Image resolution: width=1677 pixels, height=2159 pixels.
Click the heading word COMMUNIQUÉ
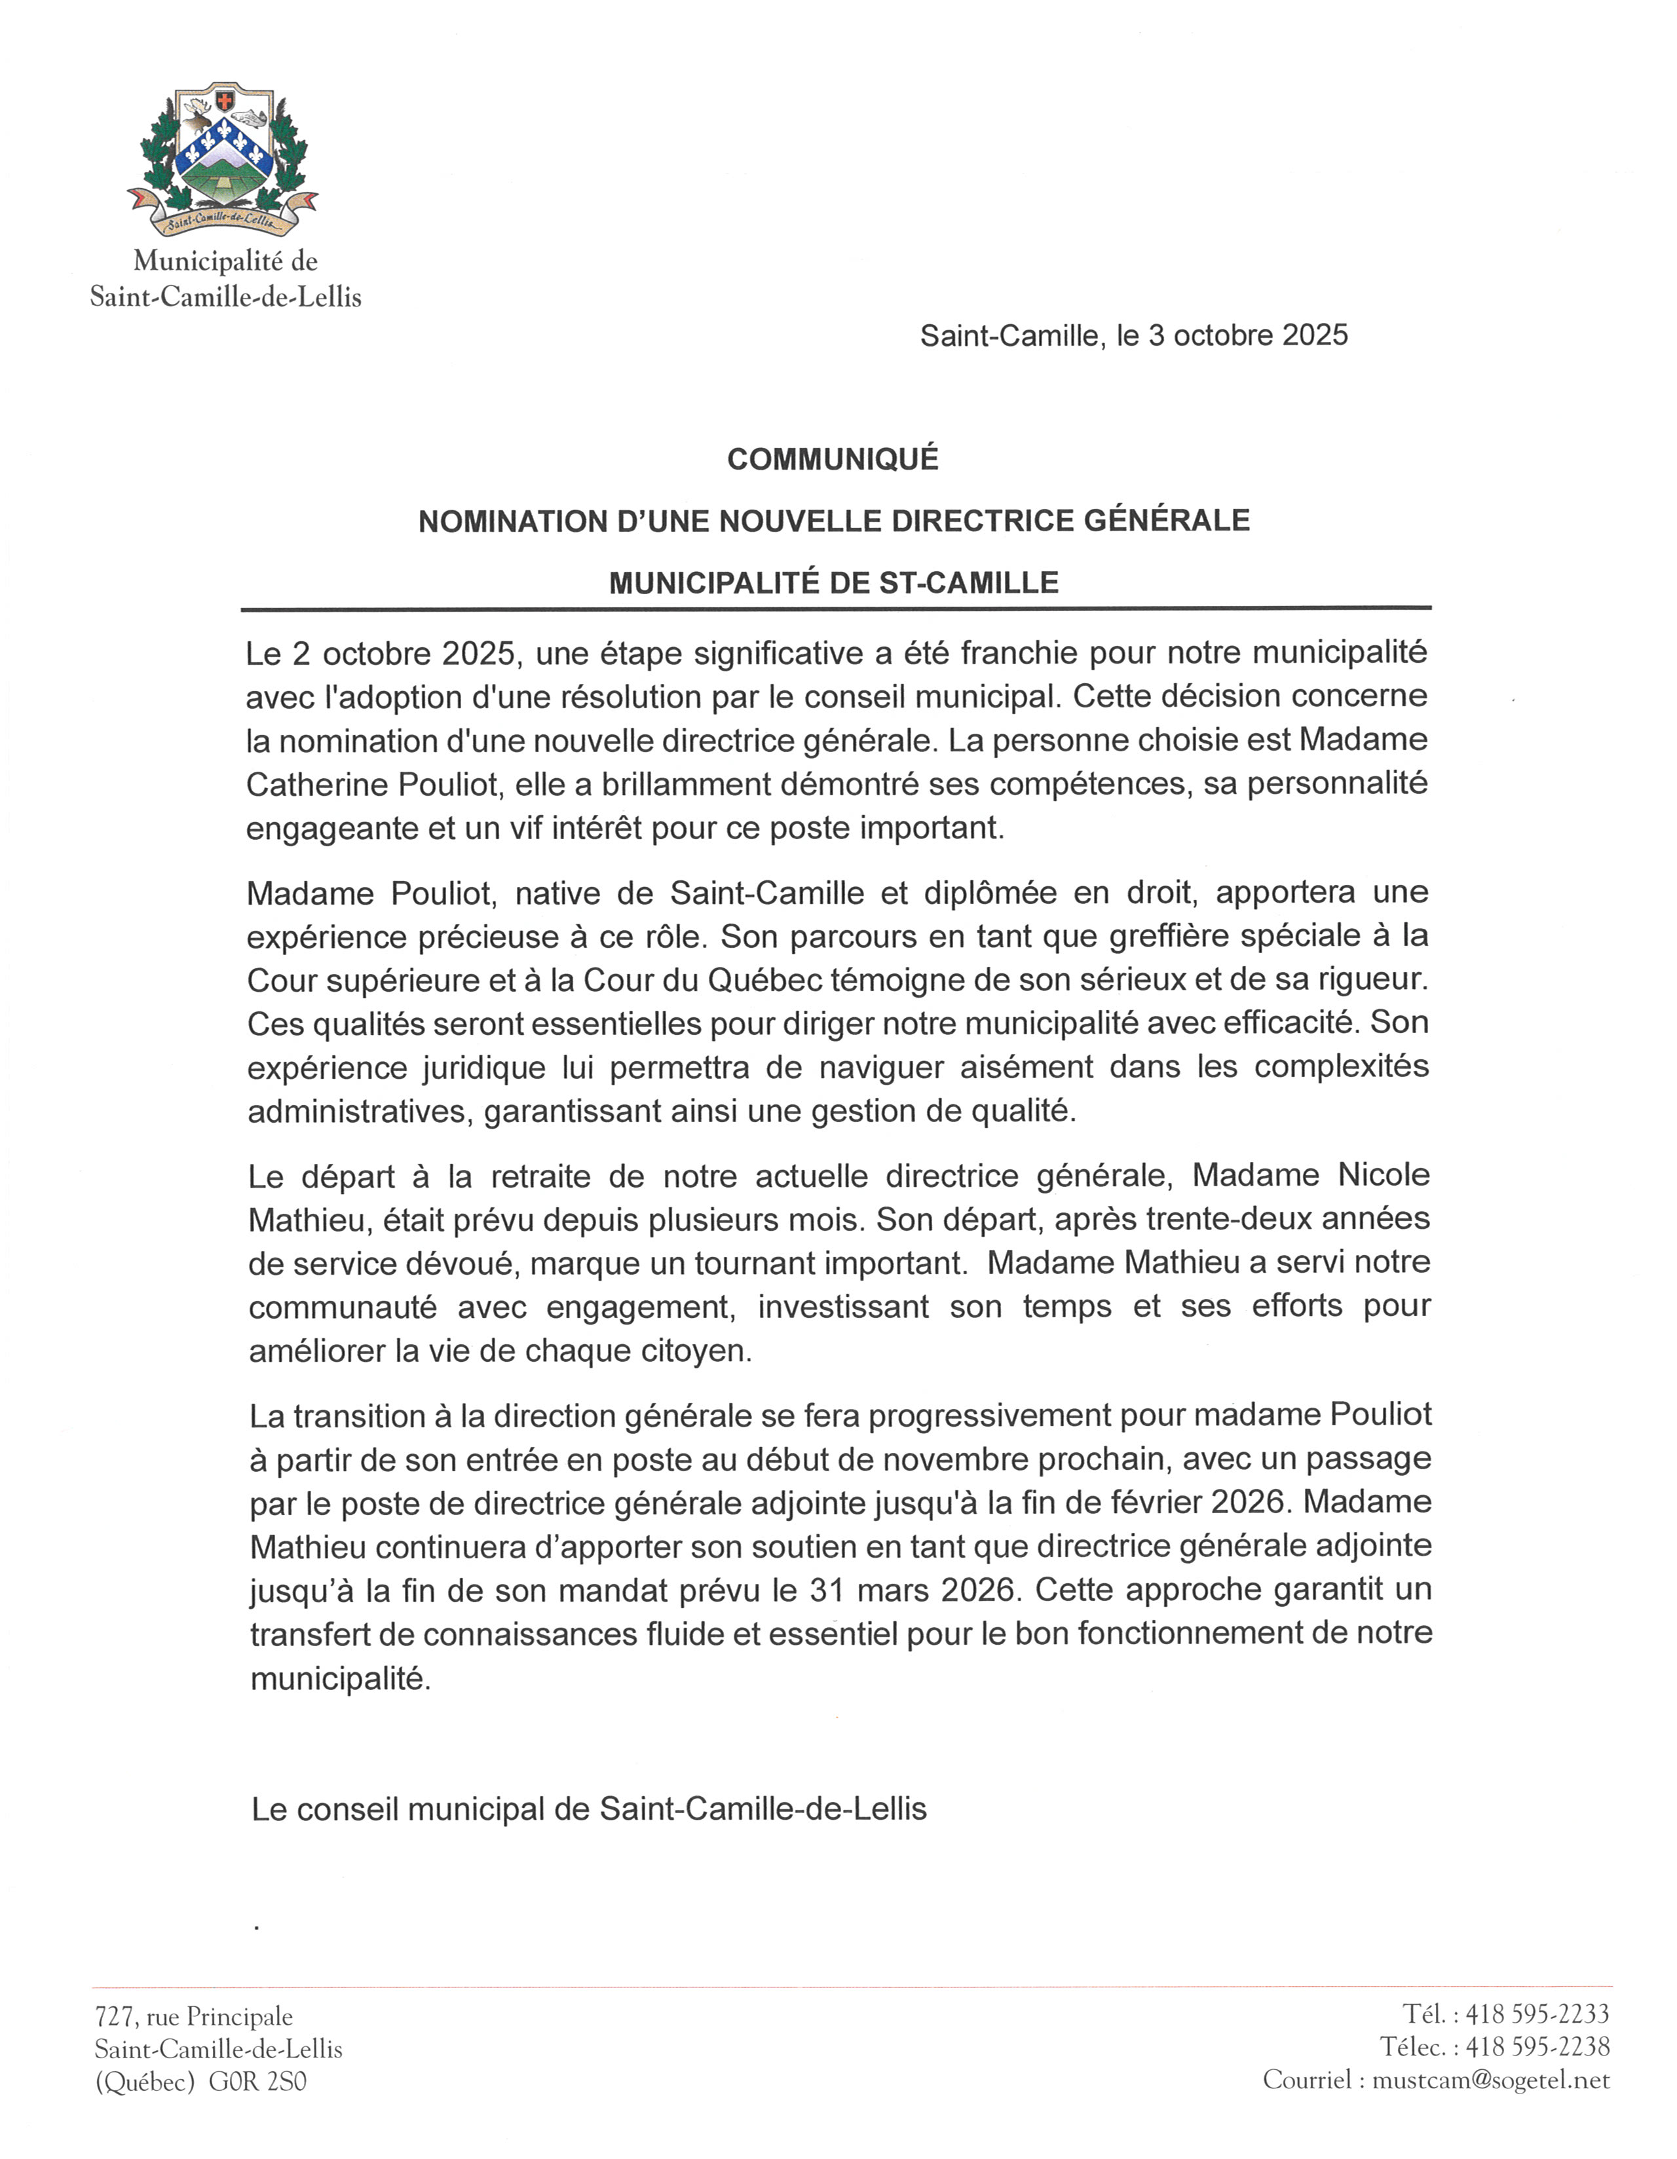(x=833, y=460)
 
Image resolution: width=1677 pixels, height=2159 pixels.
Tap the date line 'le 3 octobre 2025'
(x=1232, y=336)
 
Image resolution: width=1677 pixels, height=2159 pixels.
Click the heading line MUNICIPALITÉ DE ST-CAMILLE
(x=833, y=583)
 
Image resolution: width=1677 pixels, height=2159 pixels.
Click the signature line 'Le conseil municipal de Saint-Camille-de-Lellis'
(x=590, y=1809)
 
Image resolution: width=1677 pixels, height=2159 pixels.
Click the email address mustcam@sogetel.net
(x=1491, y=2080)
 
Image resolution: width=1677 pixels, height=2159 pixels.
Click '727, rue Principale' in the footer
(x=194, y=2017)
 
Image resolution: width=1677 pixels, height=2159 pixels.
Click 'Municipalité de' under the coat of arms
(x=225, y=261)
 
